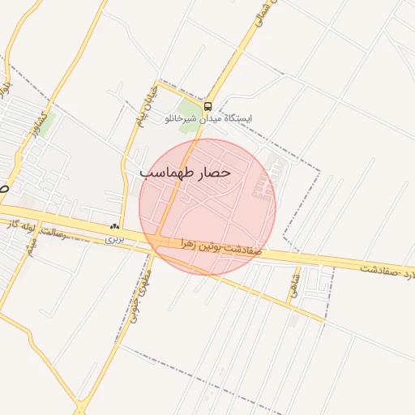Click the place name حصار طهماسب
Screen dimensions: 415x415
pos(186,173)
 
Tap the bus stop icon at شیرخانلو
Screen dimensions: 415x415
pos(208,106)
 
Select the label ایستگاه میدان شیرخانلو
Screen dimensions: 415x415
pos(216,118)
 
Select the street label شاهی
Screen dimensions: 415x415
pos(294,287)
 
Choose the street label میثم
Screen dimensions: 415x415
pos(30,247)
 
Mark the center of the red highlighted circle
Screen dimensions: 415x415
pos(207,207)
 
